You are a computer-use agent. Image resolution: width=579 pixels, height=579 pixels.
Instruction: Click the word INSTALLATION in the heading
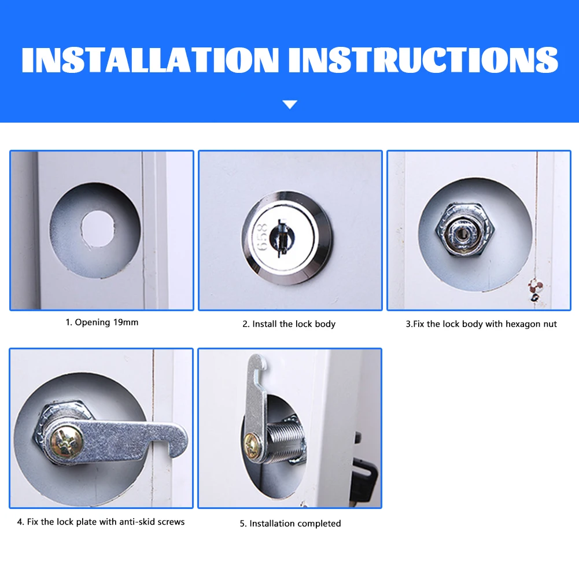[x=150, y=60]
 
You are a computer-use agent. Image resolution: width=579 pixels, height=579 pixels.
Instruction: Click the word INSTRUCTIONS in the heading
[x=423, y=60]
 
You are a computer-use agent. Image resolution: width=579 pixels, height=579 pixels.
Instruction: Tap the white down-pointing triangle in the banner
[x=290, y=105]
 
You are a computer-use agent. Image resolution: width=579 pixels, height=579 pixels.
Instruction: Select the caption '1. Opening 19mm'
[x=102, y=322]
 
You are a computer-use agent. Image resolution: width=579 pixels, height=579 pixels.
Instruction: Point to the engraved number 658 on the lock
[x=262, y=237]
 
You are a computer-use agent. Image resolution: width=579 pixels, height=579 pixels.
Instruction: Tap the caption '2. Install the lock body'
[x=289, y=324]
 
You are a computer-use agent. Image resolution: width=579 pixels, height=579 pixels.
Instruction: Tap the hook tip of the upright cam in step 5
[x=264, y=360]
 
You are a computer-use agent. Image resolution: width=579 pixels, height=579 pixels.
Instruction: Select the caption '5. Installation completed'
[x=290, y=523]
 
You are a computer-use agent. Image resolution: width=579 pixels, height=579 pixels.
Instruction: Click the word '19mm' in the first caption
[x=126, y=322]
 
